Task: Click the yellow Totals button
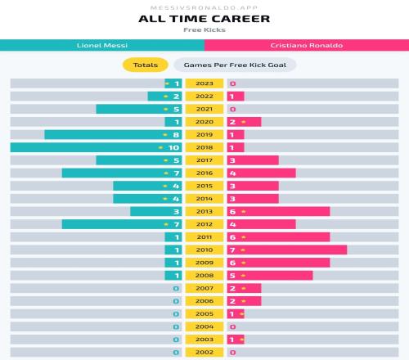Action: point(146,65)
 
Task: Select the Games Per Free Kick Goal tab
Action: point(235,65)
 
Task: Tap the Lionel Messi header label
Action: point(102,45)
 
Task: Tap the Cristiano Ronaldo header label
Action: point(307,45)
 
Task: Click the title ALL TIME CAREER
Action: point(204,19)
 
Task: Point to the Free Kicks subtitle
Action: point(204,29)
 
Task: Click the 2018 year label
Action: point(204,147)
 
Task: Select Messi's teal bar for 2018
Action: point(96,147)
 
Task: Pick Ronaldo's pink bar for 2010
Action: point(287,250)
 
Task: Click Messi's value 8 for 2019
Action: point(176,135)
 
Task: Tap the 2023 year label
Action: point(204,83)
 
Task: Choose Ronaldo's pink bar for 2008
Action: point(270,276)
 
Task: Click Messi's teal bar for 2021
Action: point(139,109)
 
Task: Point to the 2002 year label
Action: point(204,353)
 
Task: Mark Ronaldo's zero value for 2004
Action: point(232,326)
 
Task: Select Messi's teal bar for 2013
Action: point(156,211)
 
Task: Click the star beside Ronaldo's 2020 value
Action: point(244,122)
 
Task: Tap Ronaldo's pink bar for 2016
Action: point(262,173)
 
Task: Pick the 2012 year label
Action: point(204,224)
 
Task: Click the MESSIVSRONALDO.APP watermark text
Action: point(204,7)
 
